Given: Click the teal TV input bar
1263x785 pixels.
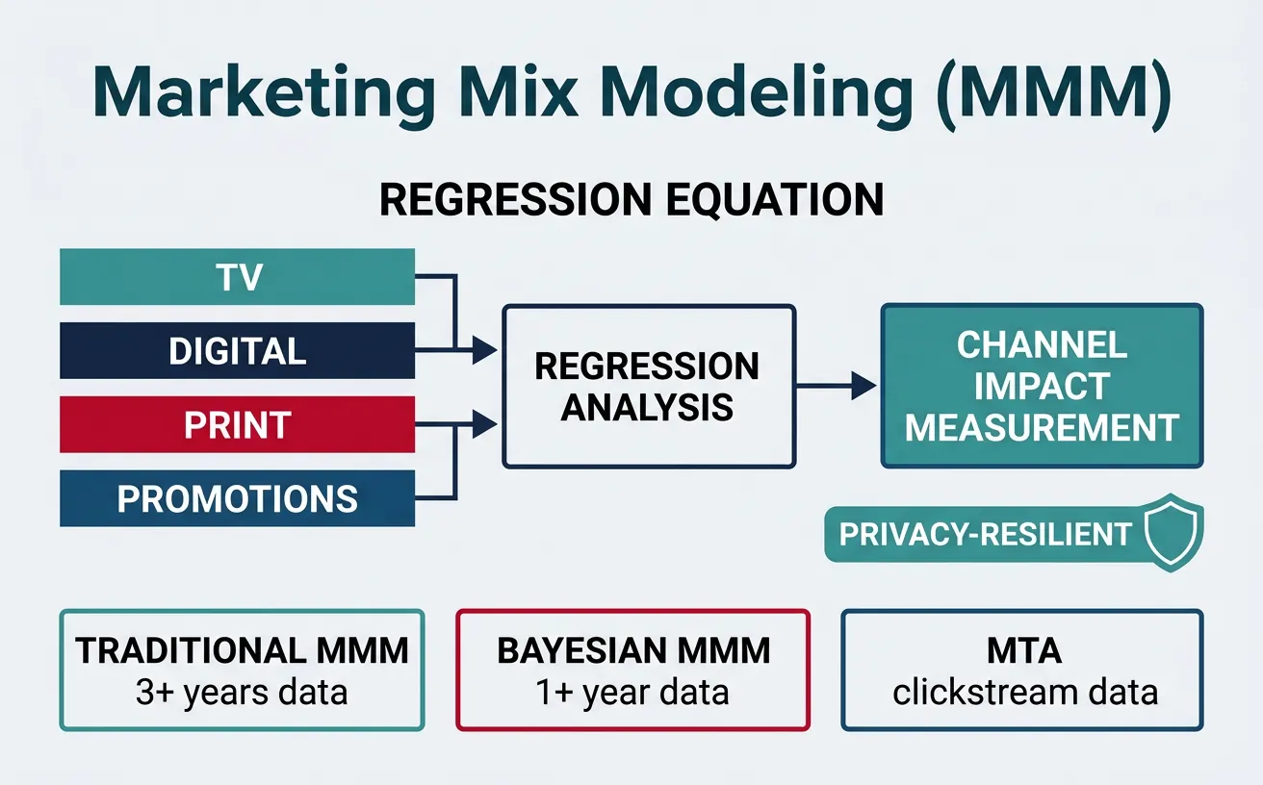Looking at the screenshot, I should coord(237,277).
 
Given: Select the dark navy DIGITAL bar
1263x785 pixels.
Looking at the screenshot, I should coord(237,351).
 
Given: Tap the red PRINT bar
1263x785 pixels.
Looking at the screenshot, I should coord(237,424).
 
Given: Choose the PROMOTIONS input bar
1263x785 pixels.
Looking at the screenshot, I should coord(237,498).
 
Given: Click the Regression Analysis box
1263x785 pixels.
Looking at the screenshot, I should coord(648,386).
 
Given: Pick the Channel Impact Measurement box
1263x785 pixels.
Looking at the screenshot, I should coord(1042,386).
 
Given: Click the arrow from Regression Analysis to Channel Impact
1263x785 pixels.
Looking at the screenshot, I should coord(838,387).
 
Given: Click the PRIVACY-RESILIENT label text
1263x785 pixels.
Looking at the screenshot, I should coord(985,535).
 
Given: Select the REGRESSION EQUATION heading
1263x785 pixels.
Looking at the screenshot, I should coord(631,200).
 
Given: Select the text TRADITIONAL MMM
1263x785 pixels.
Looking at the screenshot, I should coord(242,651).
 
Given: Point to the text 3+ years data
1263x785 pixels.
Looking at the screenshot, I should coord(242,692).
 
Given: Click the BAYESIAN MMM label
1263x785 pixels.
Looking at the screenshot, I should coord(632,651).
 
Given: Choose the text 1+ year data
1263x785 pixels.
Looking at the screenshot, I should coord(632,692).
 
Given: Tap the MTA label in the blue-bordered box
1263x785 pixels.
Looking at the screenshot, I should coord(1023,651).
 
